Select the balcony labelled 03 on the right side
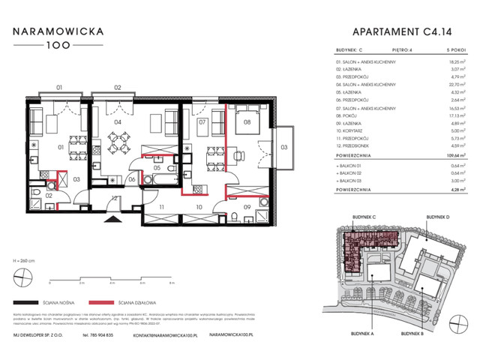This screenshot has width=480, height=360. [x=283, y=148]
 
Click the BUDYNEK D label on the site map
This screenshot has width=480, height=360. [x=437, y=216]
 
